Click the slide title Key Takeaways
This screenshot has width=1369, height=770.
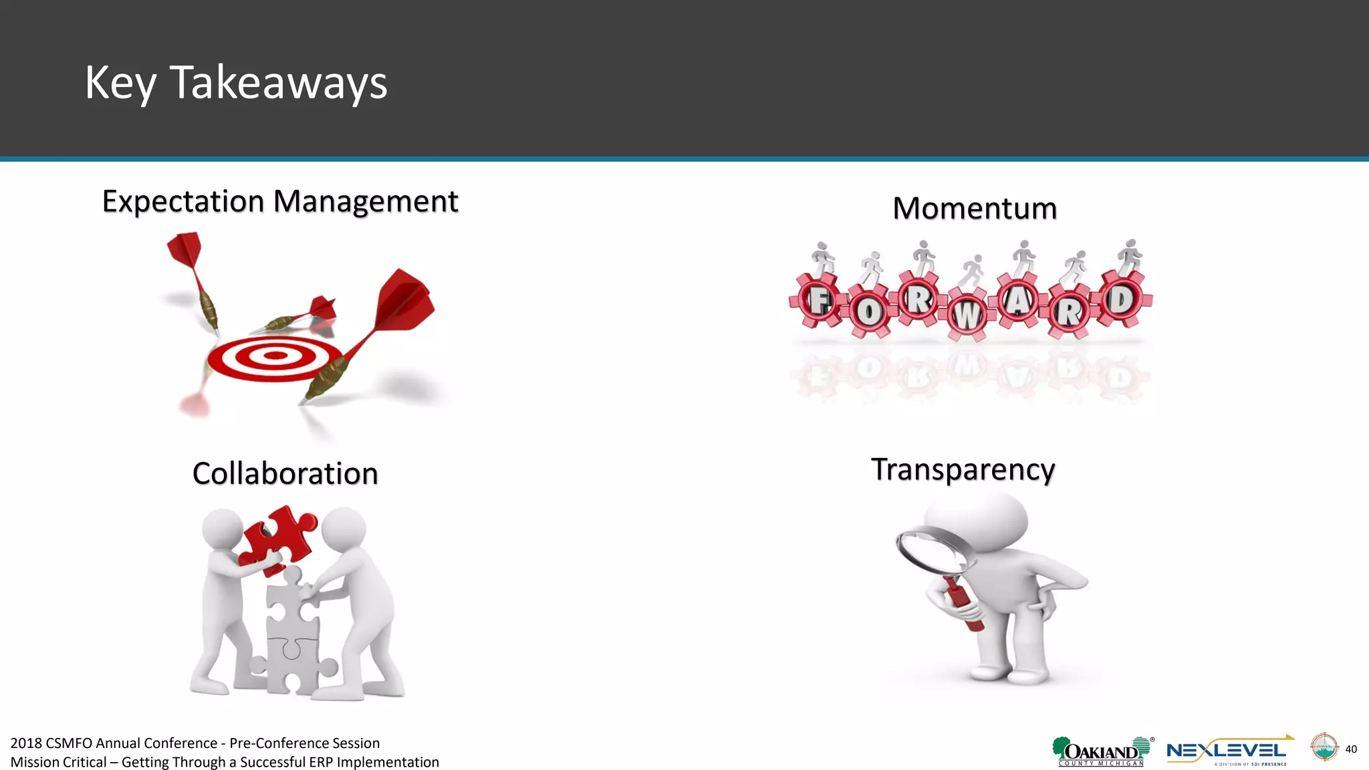tap(236, 83)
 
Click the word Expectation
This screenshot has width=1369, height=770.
tap(182, 201)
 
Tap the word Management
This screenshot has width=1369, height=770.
tap(366, 201)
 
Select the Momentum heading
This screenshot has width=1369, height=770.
tap(975, 209)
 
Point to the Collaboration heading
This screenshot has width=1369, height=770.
tap(285, 474)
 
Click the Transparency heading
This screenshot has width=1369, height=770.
tap(963, 469)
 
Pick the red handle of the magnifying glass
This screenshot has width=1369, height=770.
tap(963, 605)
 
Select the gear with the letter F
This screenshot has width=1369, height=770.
tap(818, 300)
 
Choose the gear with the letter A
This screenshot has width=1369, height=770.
tap(1018, 301)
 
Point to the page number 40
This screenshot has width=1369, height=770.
tap(1351, 749)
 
